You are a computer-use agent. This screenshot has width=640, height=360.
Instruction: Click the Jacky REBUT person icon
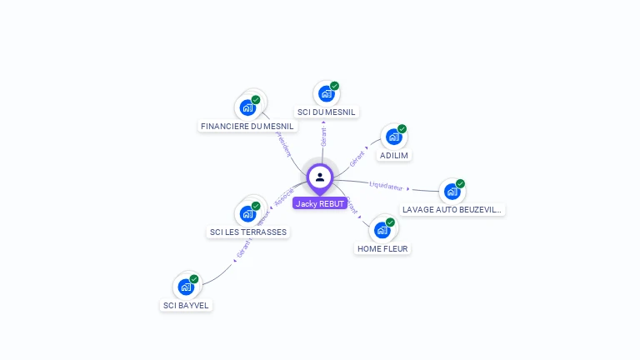click(320, 177)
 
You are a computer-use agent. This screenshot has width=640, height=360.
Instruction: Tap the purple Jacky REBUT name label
click(320, 203)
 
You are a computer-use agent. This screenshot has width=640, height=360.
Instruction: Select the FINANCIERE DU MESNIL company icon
click(247, 107)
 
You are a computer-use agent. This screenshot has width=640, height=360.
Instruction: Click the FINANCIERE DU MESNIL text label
click(247, 127)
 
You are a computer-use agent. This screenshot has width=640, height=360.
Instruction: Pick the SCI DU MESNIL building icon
click(326, 93)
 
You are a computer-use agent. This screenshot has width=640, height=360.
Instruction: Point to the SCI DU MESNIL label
click(326, 112)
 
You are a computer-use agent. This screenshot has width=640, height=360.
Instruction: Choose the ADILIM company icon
click(394, 137)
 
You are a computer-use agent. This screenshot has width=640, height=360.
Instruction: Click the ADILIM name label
click(394, 156)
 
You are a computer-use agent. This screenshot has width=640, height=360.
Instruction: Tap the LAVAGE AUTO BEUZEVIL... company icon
click(452, 191)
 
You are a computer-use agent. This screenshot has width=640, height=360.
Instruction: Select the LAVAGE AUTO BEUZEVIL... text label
click(452, 210)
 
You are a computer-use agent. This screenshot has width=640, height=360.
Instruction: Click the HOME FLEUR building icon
click(383, 229)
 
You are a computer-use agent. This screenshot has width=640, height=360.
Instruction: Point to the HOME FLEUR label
click(383, 248)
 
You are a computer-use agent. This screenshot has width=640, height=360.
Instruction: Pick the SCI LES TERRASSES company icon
click(247, 212)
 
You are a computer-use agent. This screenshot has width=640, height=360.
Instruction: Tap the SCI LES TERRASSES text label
click(247, 232)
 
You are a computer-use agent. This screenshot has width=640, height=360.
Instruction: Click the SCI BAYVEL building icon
click(187, 286)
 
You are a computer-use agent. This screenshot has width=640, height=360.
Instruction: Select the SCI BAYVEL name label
click(187, 305)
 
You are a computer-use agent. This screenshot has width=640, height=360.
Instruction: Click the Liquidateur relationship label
click(386, 186)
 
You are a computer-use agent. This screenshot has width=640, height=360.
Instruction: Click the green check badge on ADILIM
click(402, 129)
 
